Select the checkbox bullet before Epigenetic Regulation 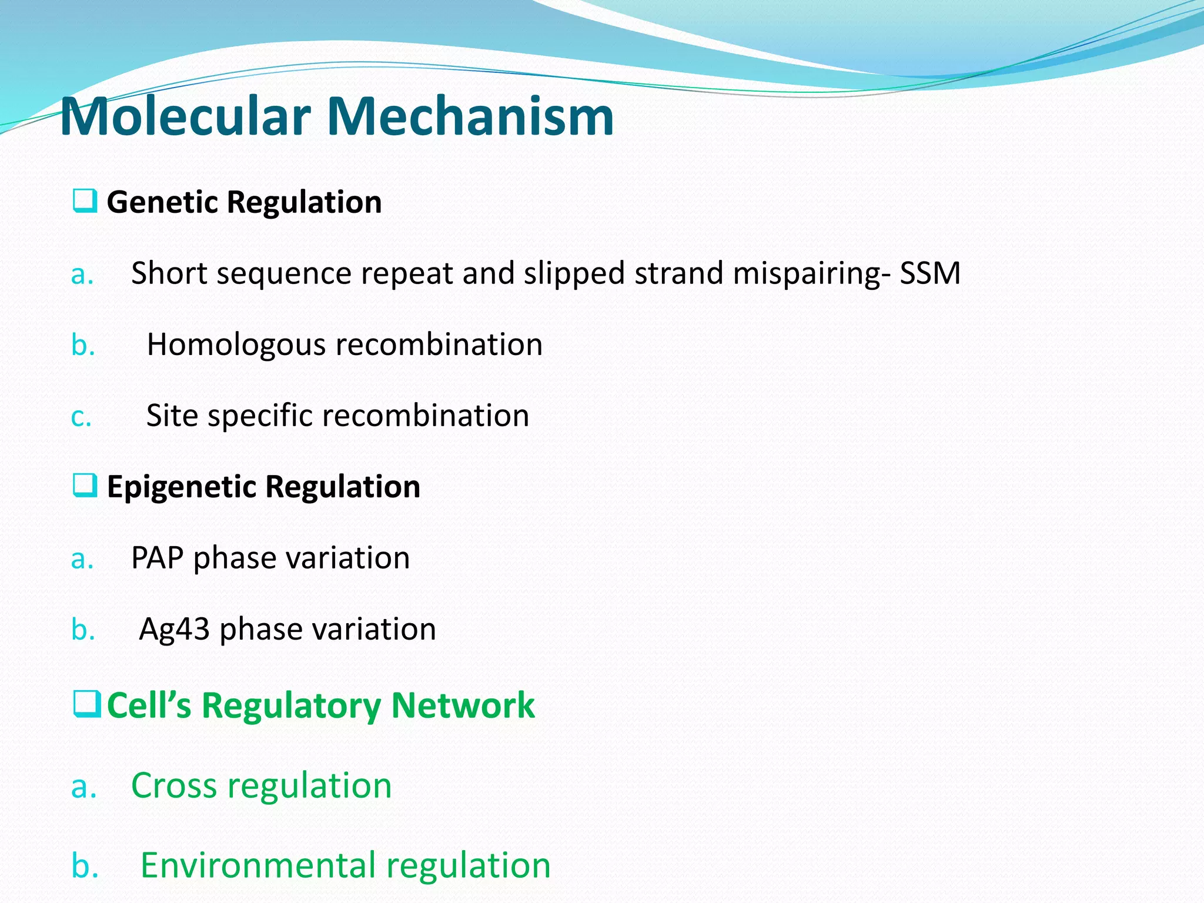click(x=85, y=485)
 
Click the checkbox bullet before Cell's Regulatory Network click(x=86, y=704)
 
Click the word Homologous click(x=236, y=345)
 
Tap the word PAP click(x=157, y=558)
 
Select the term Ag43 click(x=174, y=630)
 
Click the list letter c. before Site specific click(x=81, y=417)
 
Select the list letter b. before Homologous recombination click(x=83, y=345)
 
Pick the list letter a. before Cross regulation click(x=83, y=787)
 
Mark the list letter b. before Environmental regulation click(x=85, y=865)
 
